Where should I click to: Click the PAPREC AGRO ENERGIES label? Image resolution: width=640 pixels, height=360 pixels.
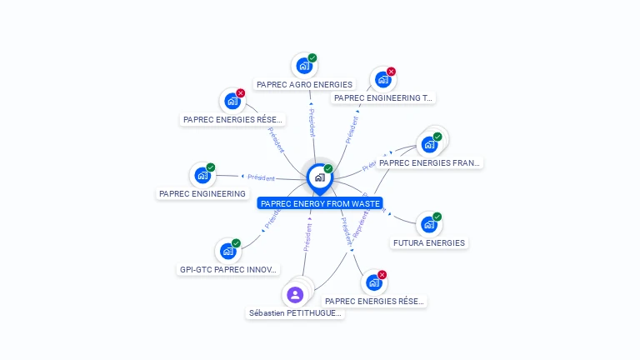point(304,84)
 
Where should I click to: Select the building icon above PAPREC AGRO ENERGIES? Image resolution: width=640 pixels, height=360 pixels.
point(304,66)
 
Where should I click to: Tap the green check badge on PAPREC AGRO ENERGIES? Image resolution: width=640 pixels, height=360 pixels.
point(312,57)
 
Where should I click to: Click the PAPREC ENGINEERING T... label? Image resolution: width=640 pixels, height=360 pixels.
point(383,97)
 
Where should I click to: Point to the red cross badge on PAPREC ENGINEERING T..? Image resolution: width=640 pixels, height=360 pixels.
point(391,72)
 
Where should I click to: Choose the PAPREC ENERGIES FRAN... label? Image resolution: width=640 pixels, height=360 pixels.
point(430,163)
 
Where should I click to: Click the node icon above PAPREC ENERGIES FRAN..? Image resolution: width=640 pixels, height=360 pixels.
point(430,144)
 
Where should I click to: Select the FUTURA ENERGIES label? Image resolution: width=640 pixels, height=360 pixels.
point(429,242)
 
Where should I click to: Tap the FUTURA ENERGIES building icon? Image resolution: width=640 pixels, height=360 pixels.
point(428,224)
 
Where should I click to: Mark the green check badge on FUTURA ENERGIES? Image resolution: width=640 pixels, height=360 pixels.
point(437,217)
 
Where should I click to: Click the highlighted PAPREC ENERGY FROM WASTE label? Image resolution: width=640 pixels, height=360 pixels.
point(320,203)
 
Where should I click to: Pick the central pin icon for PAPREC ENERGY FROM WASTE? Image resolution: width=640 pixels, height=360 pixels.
point(319,177)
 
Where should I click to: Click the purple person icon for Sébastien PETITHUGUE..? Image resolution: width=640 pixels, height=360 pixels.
point(295,294)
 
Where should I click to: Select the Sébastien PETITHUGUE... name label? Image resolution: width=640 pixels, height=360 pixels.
point(295,313)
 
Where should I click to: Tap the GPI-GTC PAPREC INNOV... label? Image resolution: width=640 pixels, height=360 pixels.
point(229,269)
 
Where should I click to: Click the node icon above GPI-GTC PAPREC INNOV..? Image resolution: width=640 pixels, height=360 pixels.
point(227,251)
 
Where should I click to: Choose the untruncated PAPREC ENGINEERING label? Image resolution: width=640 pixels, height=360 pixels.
point(202,193)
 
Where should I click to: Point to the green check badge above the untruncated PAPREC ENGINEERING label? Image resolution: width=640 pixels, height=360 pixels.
point(211,167)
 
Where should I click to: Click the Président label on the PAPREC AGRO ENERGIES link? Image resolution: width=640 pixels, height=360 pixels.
point(310,122)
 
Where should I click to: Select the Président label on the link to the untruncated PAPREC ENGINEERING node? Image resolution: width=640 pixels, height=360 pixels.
point(261,177)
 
